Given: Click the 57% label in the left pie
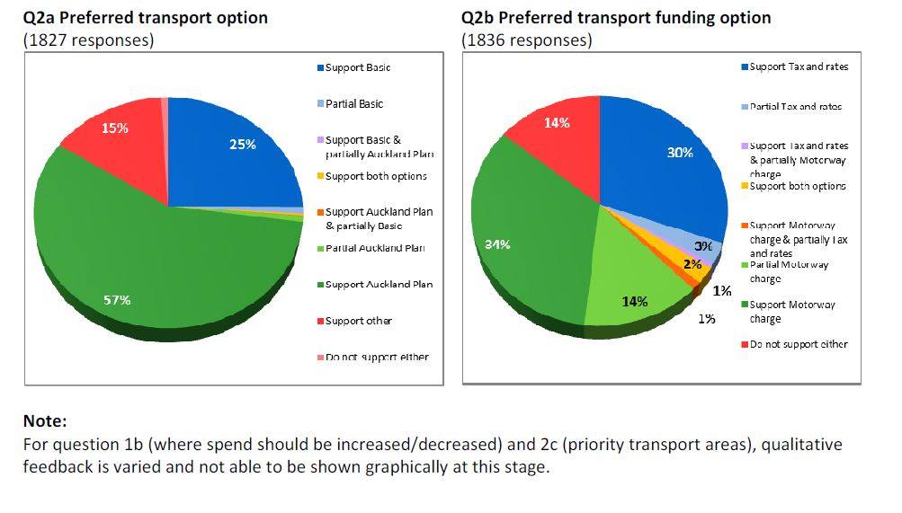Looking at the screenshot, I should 117,300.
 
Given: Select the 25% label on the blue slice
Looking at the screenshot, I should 243,144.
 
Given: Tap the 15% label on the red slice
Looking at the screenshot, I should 114,128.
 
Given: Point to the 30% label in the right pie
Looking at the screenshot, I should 680,153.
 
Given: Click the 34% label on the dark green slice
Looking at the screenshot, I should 498,244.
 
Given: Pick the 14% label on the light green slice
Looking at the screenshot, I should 635,301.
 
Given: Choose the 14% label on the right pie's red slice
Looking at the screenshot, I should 557,123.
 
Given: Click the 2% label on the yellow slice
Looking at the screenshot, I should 692,264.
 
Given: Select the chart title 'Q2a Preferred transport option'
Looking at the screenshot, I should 145,17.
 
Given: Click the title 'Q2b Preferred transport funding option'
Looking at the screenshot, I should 616,17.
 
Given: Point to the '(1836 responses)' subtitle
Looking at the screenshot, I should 527,40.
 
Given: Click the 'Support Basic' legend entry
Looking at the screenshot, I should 358,68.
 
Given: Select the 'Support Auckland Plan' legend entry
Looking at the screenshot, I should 379,285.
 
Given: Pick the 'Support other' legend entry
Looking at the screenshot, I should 358,321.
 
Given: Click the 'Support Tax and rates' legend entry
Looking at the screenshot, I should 799,66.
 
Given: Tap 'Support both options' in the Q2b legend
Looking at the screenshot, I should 798,186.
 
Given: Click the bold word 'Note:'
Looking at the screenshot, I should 45,420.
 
